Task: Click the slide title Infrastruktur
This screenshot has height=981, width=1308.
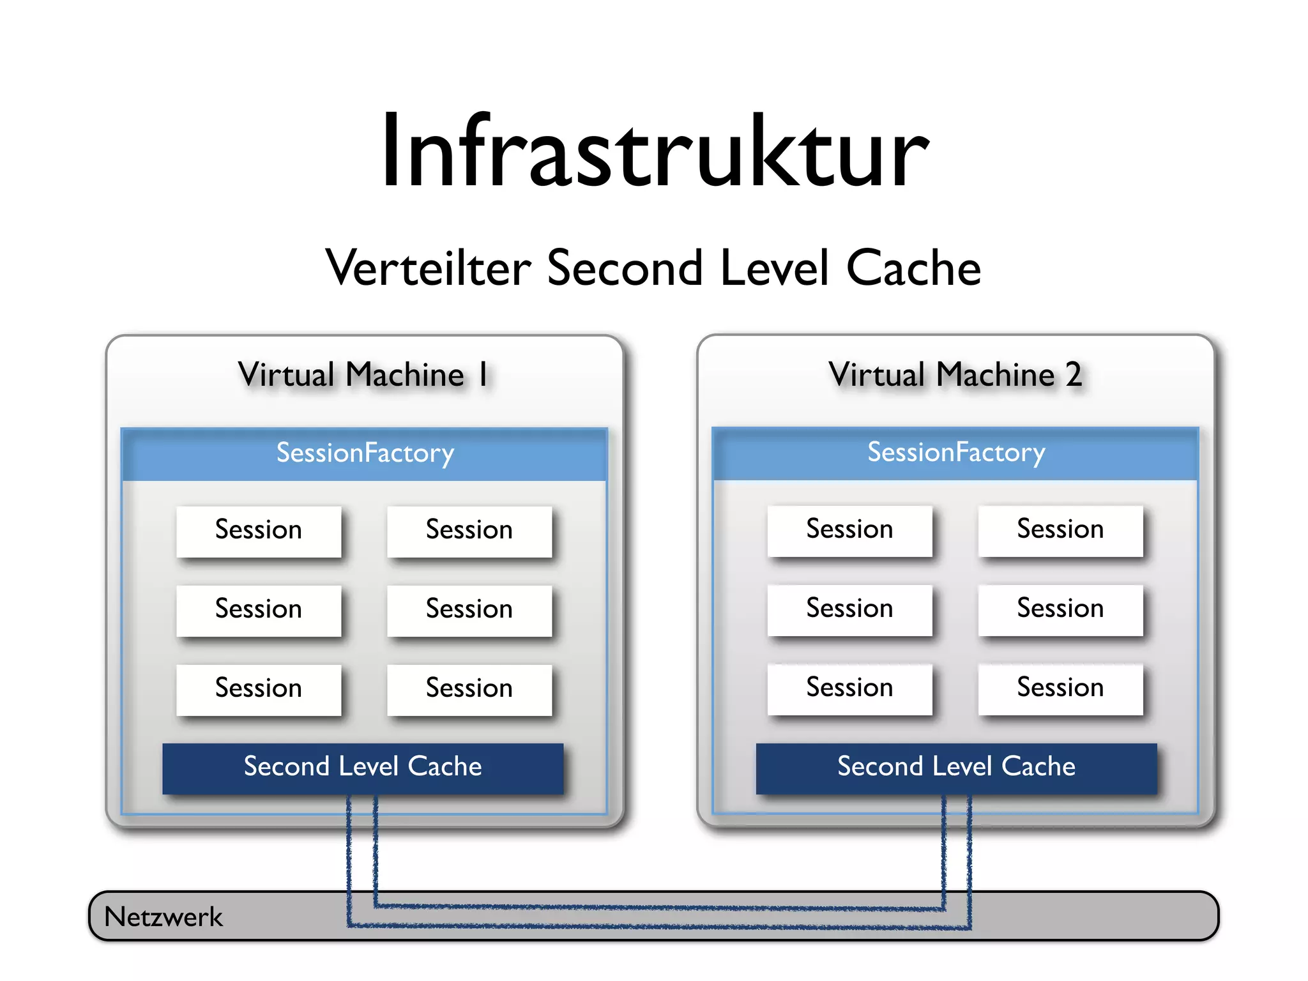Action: [x=654, y=152]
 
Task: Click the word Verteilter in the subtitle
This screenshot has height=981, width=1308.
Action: [x=428, y=268]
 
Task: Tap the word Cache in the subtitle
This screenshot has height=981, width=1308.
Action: [x=913, y=268]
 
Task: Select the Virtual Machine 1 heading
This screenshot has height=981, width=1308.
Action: [x=363, y=375]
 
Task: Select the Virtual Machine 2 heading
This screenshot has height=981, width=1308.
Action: [x=955, y=375]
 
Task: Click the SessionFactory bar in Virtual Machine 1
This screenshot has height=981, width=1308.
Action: [x=364, y=453]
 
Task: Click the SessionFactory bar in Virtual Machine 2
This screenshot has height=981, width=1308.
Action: [x=955, y=453]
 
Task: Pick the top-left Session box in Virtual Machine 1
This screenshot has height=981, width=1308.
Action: [x=259, y=531]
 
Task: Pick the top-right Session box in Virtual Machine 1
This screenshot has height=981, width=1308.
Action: [x=469, y=531]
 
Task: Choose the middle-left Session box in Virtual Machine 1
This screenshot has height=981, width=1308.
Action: [x=259, y=610]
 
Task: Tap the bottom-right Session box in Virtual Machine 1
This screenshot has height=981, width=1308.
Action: [x=469, y=689]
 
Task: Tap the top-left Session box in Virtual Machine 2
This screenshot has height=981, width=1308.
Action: [x=849, y=530]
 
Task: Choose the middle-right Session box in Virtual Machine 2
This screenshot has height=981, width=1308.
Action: [x=1060, y=609]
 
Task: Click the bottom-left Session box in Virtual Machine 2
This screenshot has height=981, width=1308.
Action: [x=849, y=688]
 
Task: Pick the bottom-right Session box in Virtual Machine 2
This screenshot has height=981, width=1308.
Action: [x=1060, y=688]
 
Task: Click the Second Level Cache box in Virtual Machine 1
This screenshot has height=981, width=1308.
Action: [x=363, y=768]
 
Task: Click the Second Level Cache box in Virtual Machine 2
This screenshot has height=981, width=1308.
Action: [x=956, y=768]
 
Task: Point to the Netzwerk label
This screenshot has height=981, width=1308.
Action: [x=163, y=918]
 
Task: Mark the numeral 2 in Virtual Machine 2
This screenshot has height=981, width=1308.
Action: [x=1074, y=375]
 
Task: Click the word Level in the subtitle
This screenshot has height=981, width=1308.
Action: [x=774, y=268]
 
